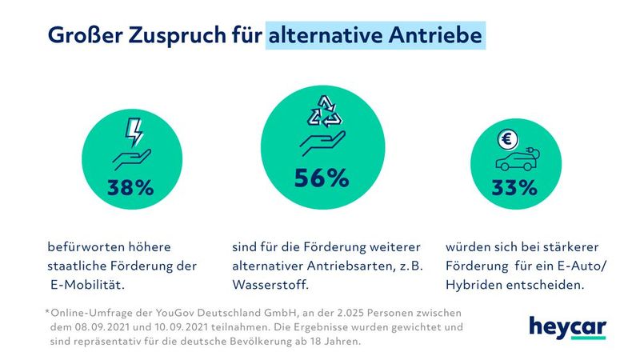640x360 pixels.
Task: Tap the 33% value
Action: click(x=514, y=188)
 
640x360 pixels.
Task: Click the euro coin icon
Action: click(x=506, y=141)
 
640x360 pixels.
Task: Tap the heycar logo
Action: click(x=567, y=328)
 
